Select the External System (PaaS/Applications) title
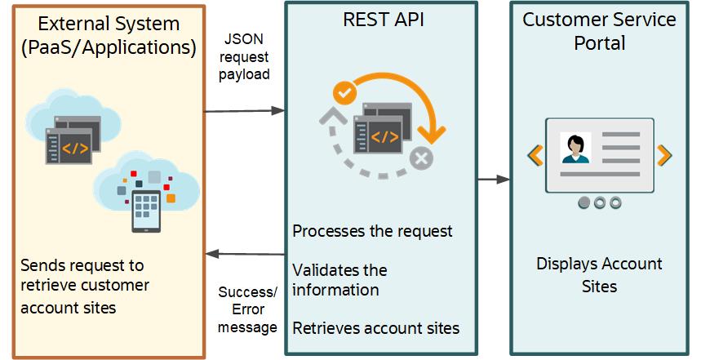point(109,34)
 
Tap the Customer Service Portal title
point(599,32)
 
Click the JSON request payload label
point(245,56)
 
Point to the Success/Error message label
point(248,309)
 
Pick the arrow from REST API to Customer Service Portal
point(493,179)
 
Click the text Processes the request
point(372,231)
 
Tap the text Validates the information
point(339,279)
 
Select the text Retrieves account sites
point(376,328)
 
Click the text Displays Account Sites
point(599,275)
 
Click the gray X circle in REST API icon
point(421,158)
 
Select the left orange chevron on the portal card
point(535,154)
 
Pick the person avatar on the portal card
point(575,148)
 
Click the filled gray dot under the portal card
point(584,202)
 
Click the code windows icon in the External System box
point(73,135)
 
